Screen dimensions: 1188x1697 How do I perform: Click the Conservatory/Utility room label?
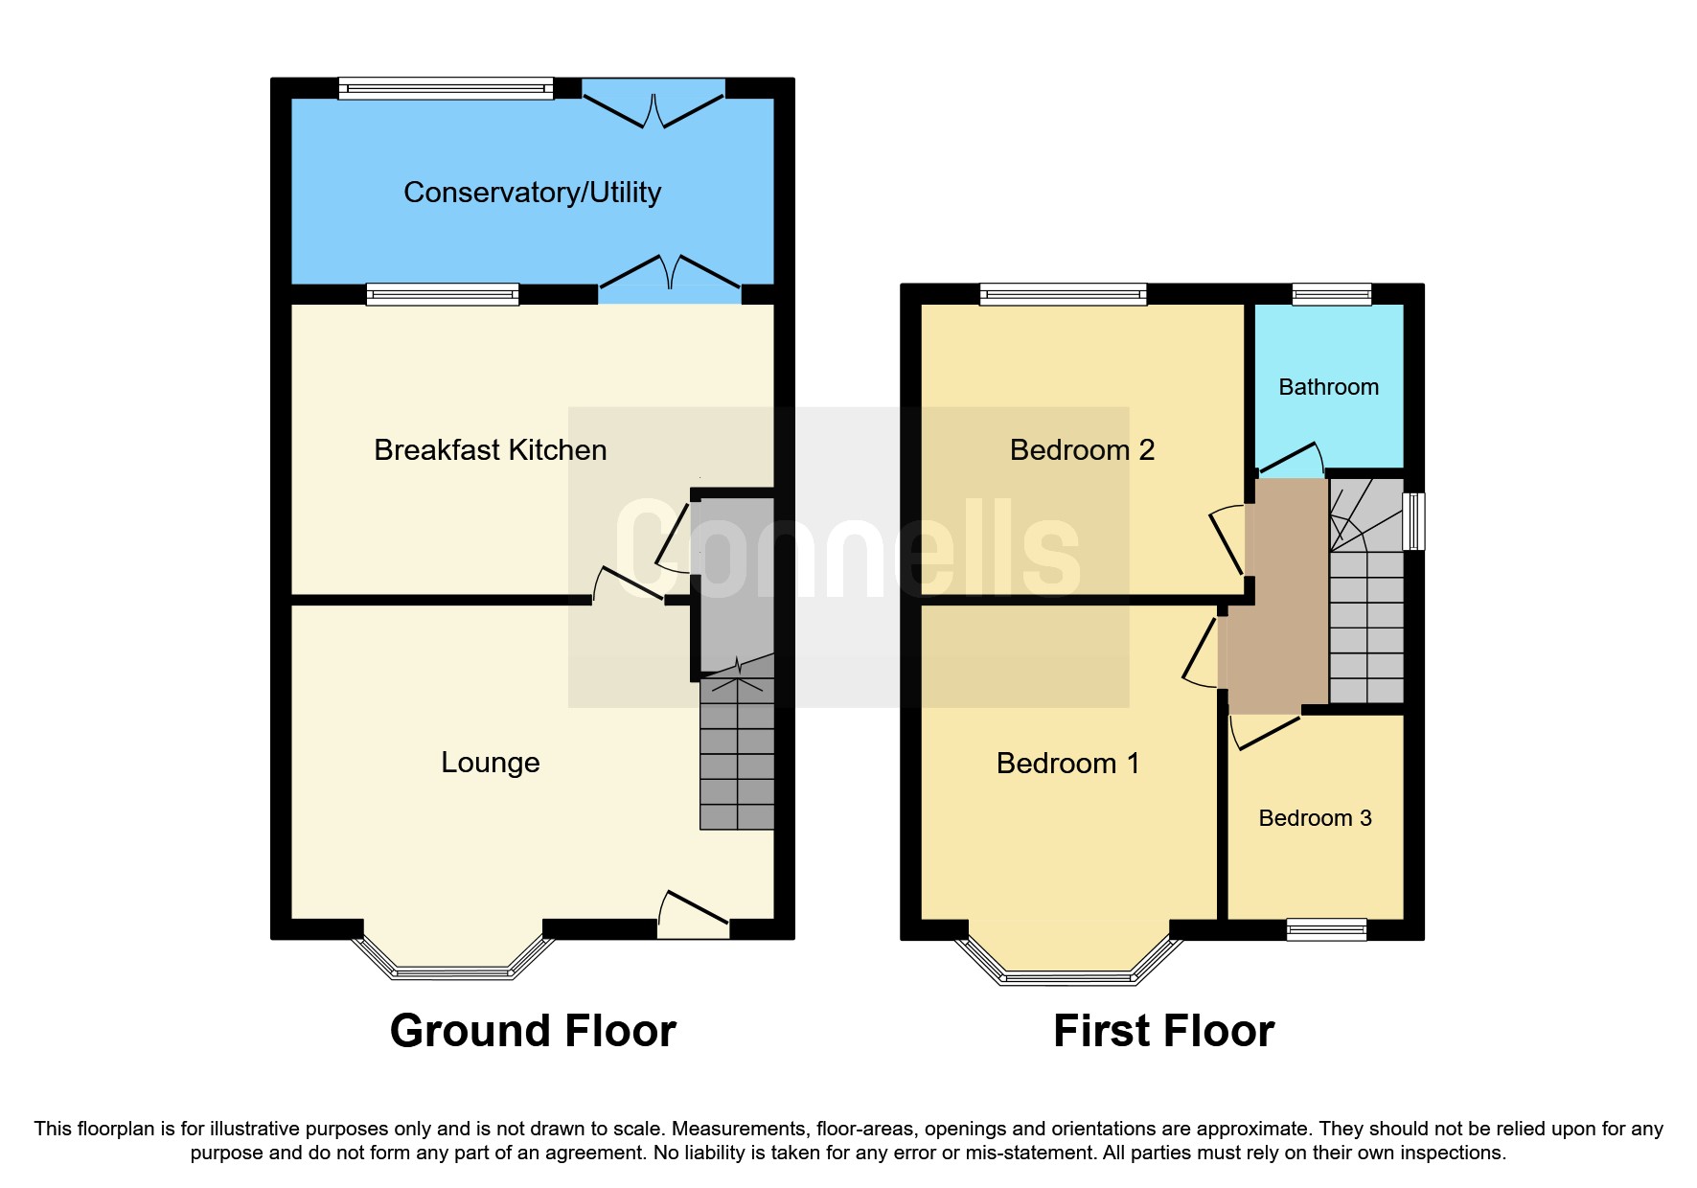(532, 193)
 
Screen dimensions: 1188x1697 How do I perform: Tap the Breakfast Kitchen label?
(490, 450)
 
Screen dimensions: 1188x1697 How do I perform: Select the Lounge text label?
(490, 763)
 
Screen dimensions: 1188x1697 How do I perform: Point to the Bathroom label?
(1328, 387)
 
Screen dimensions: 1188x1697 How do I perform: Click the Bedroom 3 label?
(1315, 818)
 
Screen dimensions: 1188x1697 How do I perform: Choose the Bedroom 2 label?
(1082, 450)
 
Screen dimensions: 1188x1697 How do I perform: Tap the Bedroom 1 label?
(1067, 764)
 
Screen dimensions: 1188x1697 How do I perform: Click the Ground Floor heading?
(533, 1031)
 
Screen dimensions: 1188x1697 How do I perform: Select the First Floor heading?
(1163, 1031)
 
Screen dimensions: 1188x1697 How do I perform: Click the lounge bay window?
(453, 971)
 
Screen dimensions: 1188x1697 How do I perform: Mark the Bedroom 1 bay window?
(1067, 976)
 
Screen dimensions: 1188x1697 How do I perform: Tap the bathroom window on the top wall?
(1331, 293)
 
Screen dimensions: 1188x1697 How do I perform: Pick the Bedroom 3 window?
(1326, 928)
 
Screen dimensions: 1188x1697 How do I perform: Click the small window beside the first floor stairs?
(1413, 521)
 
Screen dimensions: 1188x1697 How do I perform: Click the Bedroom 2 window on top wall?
(1063, 293)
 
